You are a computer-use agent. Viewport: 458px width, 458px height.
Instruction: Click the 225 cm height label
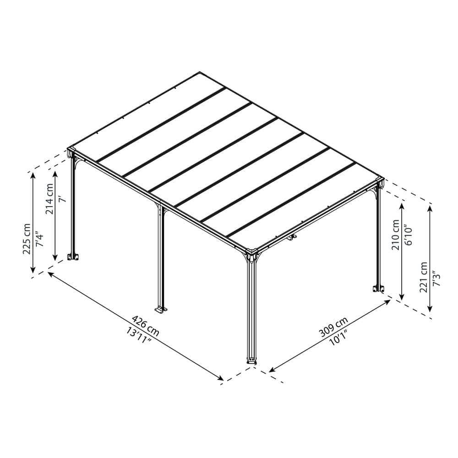point(27,239)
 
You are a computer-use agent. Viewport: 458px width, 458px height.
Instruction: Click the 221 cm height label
point(424,277)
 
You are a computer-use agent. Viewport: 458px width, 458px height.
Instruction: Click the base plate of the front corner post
point(251,360)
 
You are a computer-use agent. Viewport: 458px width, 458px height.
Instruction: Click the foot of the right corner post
point(378,289)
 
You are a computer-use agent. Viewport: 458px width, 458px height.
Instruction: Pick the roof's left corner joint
point(71,151)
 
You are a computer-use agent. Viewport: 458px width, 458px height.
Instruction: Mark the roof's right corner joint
point(379,181)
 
